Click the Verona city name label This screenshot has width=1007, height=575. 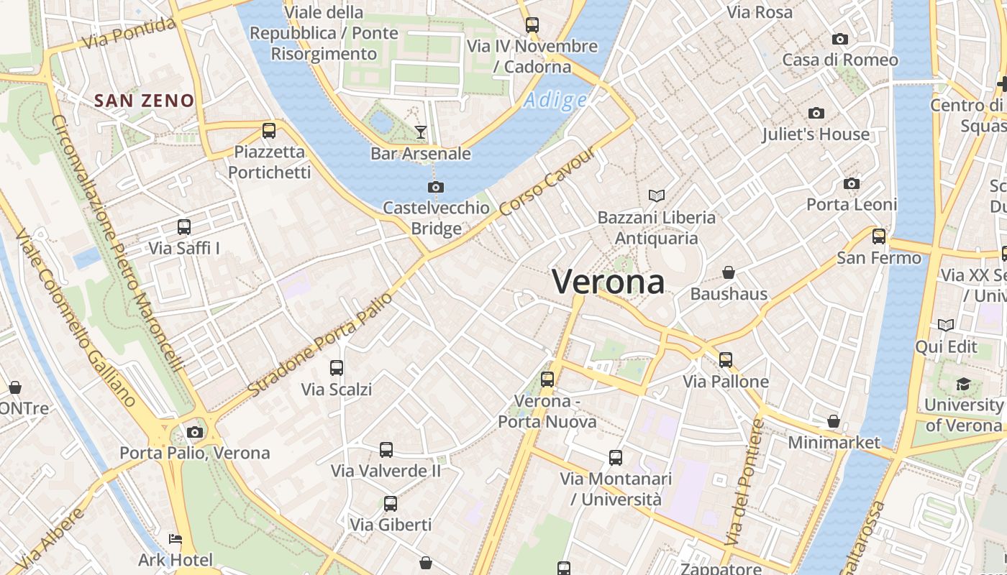[609, 282]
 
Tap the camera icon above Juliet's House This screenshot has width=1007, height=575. [816, 113]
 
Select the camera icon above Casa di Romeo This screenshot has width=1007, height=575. [839, 39]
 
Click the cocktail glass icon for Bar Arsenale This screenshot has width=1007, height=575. [421, 132]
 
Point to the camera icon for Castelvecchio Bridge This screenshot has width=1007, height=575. [435, 188]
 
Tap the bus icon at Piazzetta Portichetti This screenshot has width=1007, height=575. [269, 131]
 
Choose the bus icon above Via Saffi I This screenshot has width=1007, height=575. [184, 227]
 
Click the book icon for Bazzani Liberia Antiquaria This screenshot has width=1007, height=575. [657, 195]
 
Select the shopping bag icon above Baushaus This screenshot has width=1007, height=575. [729, 272]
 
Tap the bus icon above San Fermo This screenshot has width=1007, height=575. [879, 236]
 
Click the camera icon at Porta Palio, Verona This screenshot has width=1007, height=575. [194, 432]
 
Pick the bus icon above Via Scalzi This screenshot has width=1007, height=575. [337, 368]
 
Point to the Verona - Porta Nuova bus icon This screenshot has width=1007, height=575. [547, 379]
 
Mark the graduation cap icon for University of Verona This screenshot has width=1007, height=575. [963, 385]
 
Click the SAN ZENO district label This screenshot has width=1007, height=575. [145, 101]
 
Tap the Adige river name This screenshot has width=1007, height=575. [555, 101]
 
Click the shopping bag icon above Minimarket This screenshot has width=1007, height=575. [834, 420]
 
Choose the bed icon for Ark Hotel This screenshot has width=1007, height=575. [175, 538]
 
